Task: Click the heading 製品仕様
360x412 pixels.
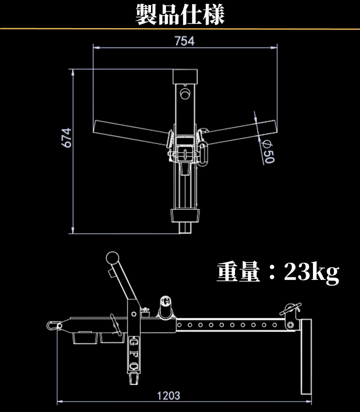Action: click(180, 15)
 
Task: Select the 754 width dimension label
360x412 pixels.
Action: click(184, 41)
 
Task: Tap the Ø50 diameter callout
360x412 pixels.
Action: click(268, 151)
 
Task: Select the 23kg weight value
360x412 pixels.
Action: click(312, 272)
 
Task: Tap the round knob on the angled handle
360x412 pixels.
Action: click(112, 259)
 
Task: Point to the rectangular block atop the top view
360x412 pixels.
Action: click(186, 77)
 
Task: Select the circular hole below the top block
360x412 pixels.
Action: click(186, 94)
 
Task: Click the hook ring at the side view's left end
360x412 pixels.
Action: click(51, 325)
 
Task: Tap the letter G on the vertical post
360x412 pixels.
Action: click(133, 342)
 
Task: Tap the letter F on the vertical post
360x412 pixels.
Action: click(133, 354)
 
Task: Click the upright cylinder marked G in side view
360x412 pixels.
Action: click(165, 306)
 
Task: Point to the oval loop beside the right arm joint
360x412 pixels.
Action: click(204, 152)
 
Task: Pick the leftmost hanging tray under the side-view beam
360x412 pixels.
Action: click(84, 338)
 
